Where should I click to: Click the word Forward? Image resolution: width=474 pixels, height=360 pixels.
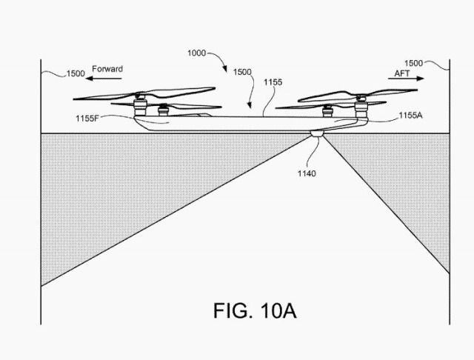pyautogui.click(x=107, y=69)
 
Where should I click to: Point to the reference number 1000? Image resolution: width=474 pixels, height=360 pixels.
pyautogui.click(x=197, y=53)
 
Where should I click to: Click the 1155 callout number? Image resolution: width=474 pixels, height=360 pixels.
pyautogui.click(x=273, y=82)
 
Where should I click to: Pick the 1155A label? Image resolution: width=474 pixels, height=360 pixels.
pyautogui.click(x=410, y=116)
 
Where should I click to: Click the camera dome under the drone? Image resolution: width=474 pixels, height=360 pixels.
pyautogui.click(x=317, y=136)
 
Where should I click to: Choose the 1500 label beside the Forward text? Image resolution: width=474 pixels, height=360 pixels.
pyautogui.click(x=75, y=73)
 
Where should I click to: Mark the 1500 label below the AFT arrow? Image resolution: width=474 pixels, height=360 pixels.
pyautogui.click(x=414, y=64)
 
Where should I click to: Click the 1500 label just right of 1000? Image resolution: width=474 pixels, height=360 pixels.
pyautogui.click(x=241, y=73)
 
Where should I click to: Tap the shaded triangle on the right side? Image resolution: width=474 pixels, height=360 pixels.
pyautogui.click(x=415, y=185)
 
